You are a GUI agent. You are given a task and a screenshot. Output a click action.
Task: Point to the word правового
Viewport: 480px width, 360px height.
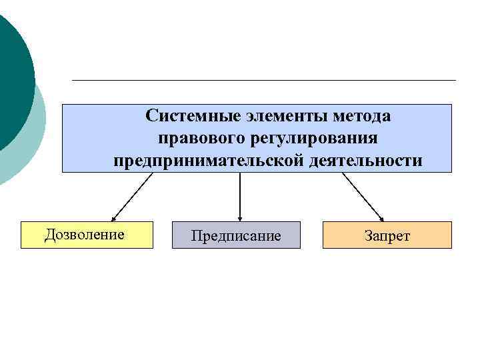coord(197,139)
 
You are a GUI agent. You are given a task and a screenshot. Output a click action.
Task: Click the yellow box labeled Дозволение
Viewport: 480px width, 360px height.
coord(87,235)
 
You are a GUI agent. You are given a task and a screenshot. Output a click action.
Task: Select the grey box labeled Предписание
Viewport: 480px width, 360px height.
coord(236,235)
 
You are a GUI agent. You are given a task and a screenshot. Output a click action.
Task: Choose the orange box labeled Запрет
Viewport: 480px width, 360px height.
coord(387,235)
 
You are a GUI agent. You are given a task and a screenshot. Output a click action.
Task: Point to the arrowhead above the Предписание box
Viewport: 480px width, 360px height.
coord(240,217)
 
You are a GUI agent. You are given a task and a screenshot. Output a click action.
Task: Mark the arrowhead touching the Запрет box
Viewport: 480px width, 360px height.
coord(381,218)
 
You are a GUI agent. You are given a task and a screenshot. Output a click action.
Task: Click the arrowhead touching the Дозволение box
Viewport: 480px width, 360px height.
coord(114,218)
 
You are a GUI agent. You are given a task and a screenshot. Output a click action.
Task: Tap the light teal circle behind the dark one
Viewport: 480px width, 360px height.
coord(33,140)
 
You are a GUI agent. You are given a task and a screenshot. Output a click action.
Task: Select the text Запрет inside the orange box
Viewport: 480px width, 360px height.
coord(387,236)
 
